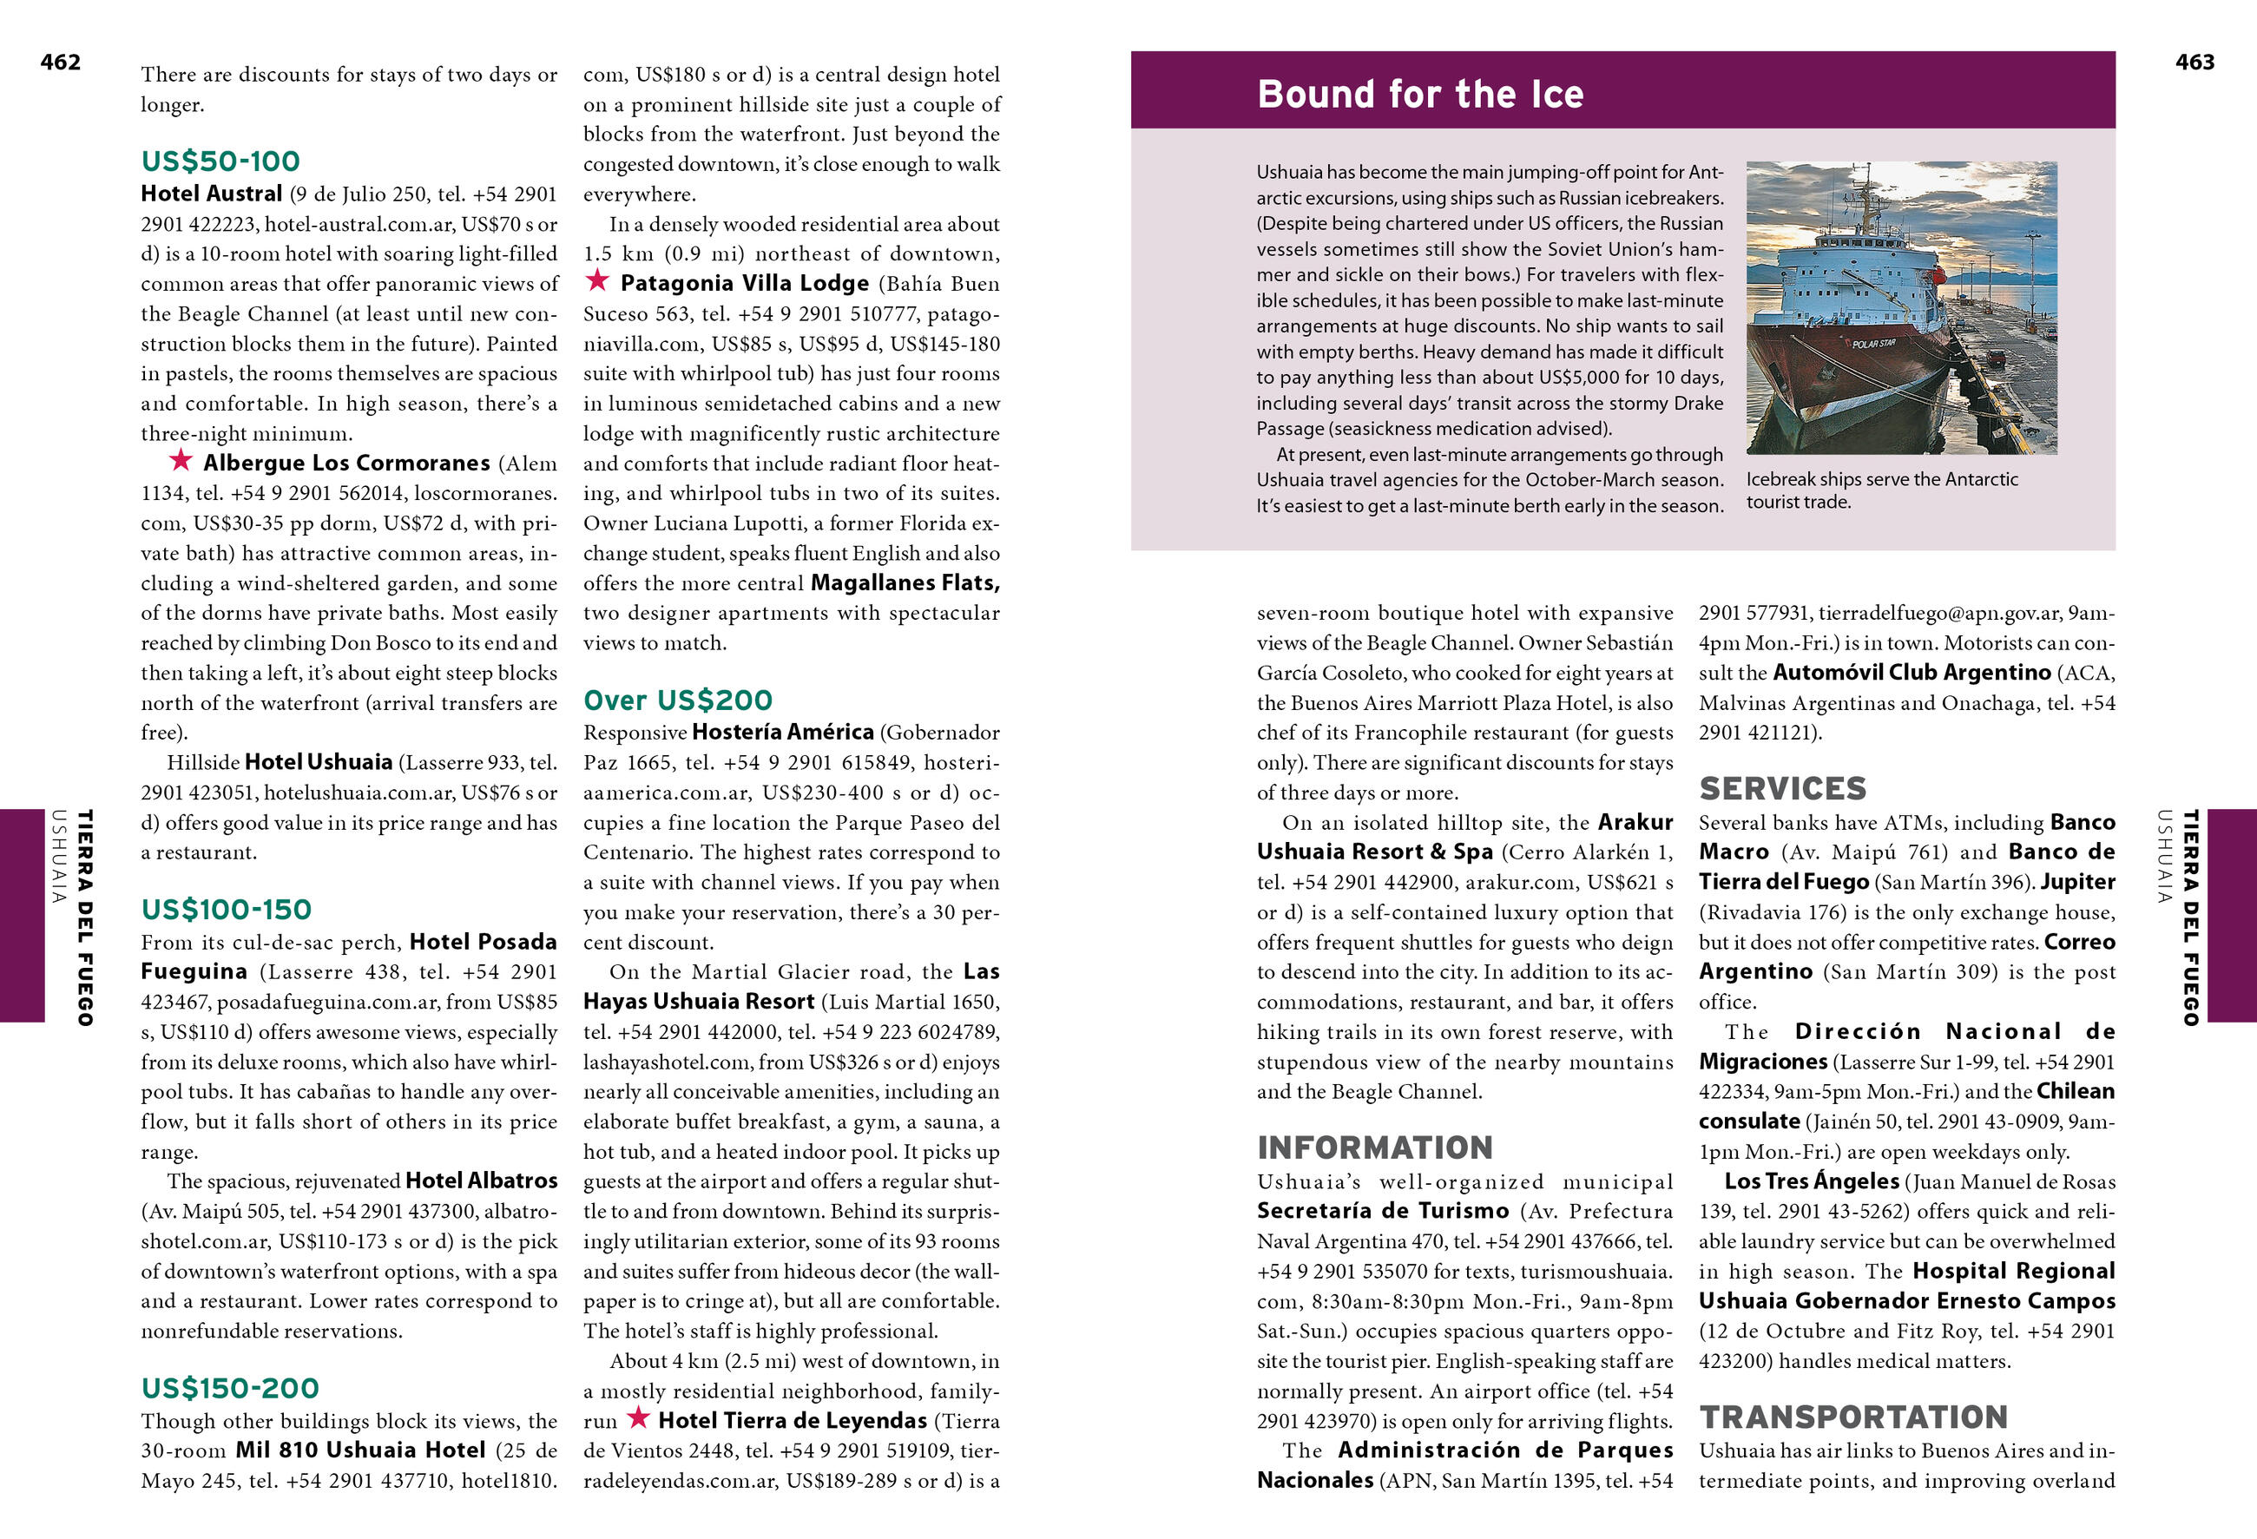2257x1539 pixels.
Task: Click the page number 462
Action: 60,63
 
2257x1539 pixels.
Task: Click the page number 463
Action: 2194,63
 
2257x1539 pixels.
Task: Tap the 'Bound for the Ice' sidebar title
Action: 1420,95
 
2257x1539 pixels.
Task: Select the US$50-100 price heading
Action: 220,161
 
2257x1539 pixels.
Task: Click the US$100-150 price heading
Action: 227,910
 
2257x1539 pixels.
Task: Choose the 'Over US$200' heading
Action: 678,700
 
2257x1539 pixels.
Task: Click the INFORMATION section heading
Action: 1374,1148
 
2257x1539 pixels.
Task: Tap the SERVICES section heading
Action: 1782,788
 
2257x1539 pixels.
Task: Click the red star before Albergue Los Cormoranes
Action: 181,460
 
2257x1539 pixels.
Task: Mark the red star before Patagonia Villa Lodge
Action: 597,281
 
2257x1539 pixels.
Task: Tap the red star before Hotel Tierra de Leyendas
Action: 638,1418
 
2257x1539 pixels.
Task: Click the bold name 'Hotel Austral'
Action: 212,194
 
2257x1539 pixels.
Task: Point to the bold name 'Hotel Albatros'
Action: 481,1181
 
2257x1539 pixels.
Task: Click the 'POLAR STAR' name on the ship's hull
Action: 1872,344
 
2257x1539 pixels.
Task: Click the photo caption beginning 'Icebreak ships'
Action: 1881,490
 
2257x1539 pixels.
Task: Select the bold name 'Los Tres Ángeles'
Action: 1811,1181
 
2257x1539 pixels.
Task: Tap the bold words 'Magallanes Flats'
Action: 905,582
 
